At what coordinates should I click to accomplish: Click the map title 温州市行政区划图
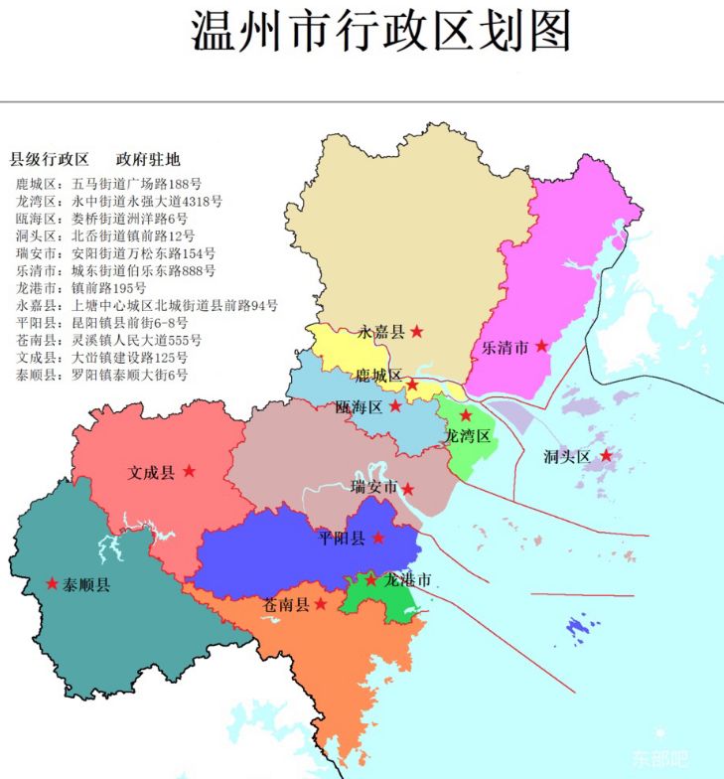[x=381, y=33]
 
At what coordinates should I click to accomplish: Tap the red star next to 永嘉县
[x=417, y=331]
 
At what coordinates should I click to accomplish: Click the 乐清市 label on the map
[x=505, y=348]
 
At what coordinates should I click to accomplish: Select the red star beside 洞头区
[x=605, y=456]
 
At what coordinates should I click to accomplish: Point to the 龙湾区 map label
[x=468, y=436]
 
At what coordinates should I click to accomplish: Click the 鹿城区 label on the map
[x=379, y=376]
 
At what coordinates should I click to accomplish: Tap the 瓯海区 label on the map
[x=360, y=406]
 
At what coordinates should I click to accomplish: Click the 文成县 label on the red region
[x=152, y=473]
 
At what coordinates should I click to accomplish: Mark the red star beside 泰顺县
[x=52, y=583]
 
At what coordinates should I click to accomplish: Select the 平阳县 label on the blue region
[x=342, y=539]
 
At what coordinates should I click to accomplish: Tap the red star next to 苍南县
[x=321, y=602]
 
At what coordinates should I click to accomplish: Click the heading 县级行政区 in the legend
[x=50, y=160]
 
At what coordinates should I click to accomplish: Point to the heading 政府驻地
[x=148, y=160]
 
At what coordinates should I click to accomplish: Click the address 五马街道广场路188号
[x=137, y=185]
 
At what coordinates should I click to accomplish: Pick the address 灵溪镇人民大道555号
[x=130, y=340]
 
